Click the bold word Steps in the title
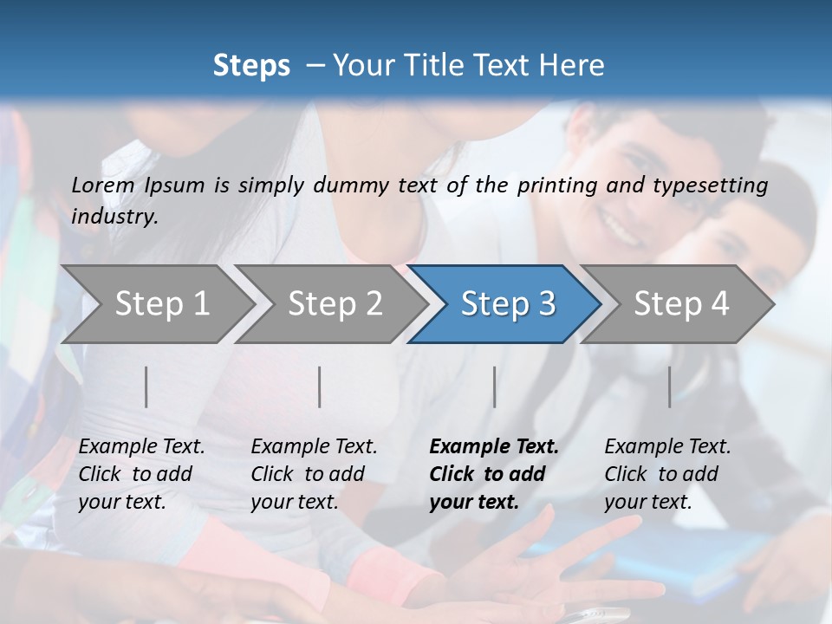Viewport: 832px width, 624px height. point(251,65)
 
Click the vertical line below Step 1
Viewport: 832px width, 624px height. point(146,387)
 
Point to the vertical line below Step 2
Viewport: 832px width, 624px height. point(320,387)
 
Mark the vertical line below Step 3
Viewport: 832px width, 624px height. point(495,387)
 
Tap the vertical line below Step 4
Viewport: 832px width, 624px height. point(670,387)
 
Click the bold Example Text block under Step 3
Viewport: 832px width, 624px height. point(494,474)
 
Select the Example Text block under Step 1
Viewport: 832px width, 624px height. point(141,474)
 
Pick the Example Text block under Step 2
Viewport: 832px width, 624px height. point(314,474)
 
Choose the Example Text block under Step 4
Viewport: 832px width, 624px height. point(667,474)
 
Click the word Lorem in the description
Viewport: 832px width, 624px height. point(102,185)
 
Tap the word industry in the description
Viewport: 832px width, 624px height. point(114,216)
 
